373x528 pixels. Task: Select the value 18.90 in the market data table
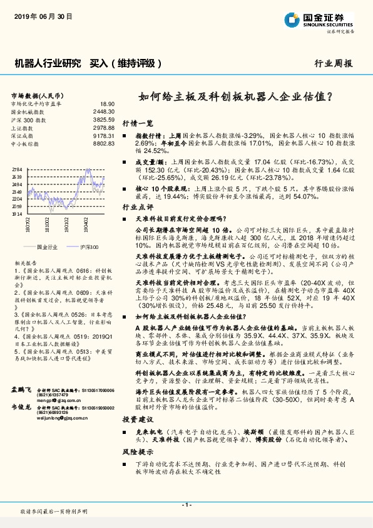[x=107, y=103]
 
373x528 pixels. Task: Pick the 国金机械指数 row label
[x=29, y=111]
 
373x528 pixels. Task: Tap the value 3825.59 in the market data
[x=103, y=119]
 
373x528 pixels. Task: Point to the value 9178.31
[x=103, y=135]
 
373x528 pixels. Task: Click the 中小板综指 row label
[x=27, y=144]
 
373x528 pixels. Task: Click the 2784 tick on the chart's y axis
[x=17, y=170]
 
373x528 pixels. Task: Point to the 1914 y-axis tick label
[x=17, y=213]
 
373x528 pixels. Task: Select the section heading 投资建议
[x=138, y=418]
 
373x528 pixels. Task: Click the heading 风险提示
[x=138, y=451]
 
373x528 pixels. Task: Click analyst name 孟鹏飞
[x=21, y=390]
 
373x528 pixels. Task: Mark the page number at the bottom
[x=186, y=505]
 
